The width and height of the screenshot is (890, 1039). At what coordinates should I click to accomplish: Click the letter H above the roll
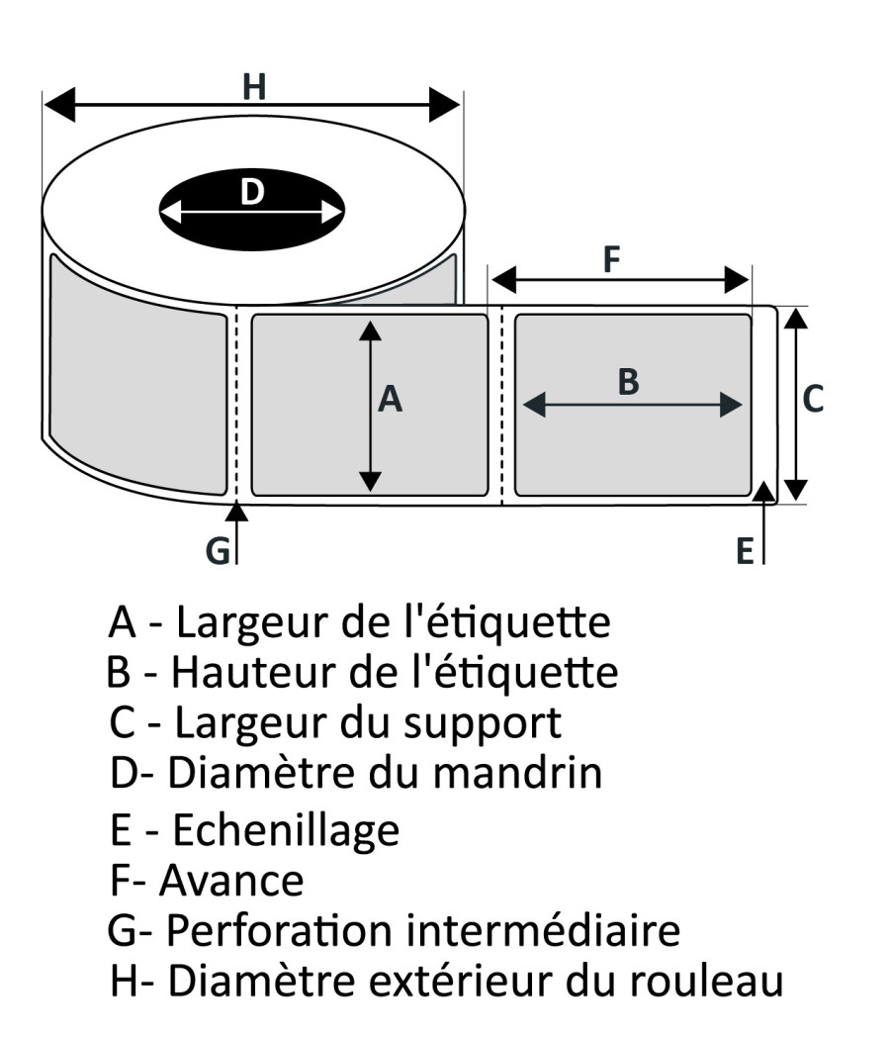[254, 88]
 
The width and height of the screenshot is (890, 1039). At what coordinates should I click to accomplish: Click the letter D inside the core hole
[253, 192]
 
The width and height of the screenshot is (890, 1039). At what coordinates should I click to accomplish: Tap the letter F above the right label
[612, 260]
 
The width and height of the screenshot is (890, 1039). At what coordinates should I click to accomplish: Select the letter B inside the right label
[628, 382]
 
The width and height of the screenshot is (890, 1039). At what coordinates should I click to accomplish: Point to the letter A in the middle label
[392, 400]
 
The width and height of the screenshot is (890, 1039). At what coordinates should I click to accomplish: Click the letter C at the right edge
[812, 399]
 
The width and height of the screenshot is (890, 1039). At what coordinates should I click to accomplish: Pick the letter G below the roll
[218, 550]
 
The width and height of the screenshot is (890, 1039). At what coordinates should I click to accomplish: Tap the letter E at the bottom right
[745, 551]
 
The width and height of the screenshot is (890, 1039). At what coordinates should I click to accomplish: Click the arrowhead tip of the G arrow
[236, 506]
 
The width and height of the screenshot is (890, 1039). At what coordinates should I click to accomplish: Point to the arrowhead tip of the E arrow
[763, 487]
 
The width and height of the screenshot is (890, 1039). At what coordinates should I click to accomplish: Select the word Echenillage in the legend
[286, 830]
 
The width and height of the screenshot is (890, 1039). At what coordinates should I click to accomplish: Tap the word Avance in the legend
[231, 879]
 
